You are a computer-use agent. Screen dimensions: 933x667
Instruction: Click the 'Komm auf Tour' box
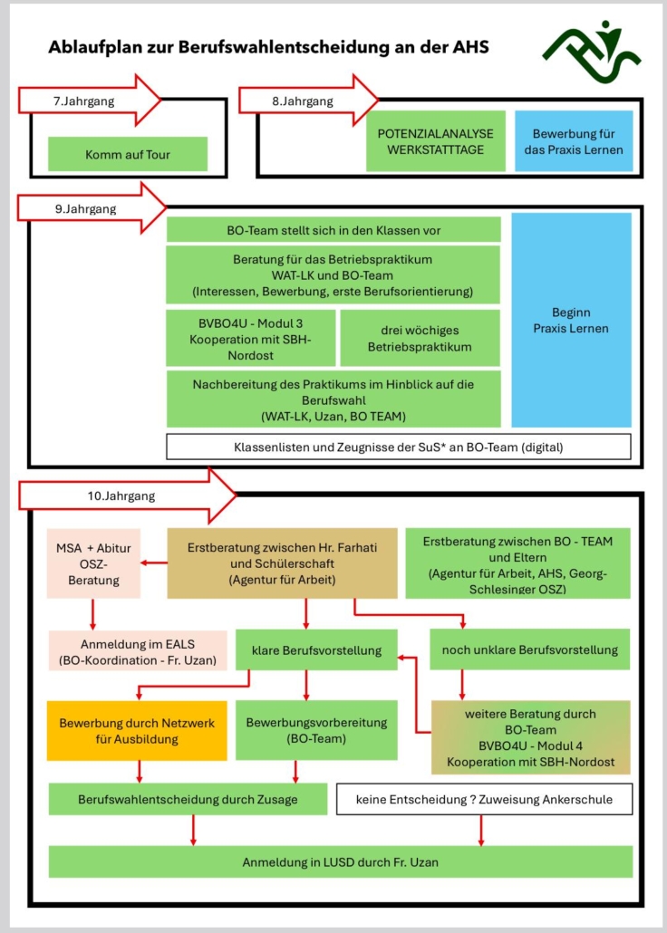click(x=128, y=154)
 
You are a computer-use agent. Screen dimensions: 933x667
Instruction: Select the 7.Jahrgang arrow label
click(x=84, y=101)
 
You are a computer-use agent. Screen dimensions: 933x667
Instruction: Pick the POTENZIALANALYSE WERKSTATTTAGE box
click(x=436, y=140)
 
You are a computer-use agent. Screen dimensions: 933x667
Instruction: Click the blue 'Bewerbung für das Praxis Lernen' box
click(x=574, y=140)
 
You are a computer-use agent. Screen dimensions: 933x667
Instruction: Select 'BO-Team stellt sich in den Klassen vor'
click(x=333, y=229)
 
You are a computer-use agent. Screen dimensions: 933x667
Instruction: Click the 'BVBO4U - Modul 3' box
click(x=251, y=338)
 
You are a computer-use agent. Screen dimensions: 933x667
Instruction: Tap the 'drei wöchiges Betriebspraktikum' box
click(x=420, y=338)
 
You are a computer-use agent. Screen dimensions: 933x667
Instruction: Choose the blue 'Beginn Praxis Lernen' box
click(x=571, y=320)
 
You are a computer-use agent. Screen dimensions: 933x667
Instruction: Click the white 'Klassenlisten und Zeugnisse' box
click(x=399, y=447)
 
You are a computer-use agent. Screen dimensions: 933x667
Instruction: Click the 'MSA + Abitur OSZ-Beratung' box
click(x=94, y=563)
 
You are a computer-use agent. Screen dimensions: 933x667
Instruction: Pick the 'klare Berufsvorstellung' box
click(x=316, y=649)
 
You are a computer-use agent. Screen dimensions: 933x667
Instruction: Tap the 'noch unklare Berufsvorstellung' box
click(x=529, y=649)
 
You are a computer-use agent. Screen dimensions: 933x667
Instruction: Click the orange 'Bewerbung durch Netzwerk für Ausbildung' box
click(x=137, y=731)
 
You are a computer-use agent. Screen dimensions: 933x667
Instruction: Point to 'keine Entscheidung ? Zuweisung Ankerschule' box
click(x=484, y=799)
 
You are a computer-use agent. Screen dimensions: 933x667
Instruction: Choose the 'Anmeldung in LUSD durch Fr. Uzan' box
click(x=341, y=861)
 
